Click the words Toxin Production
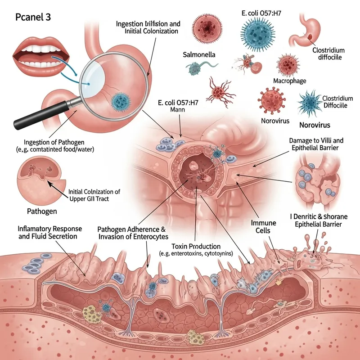click(x=196, y=247)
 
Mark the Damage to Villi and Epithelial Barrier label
click(x=315, y=144)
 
